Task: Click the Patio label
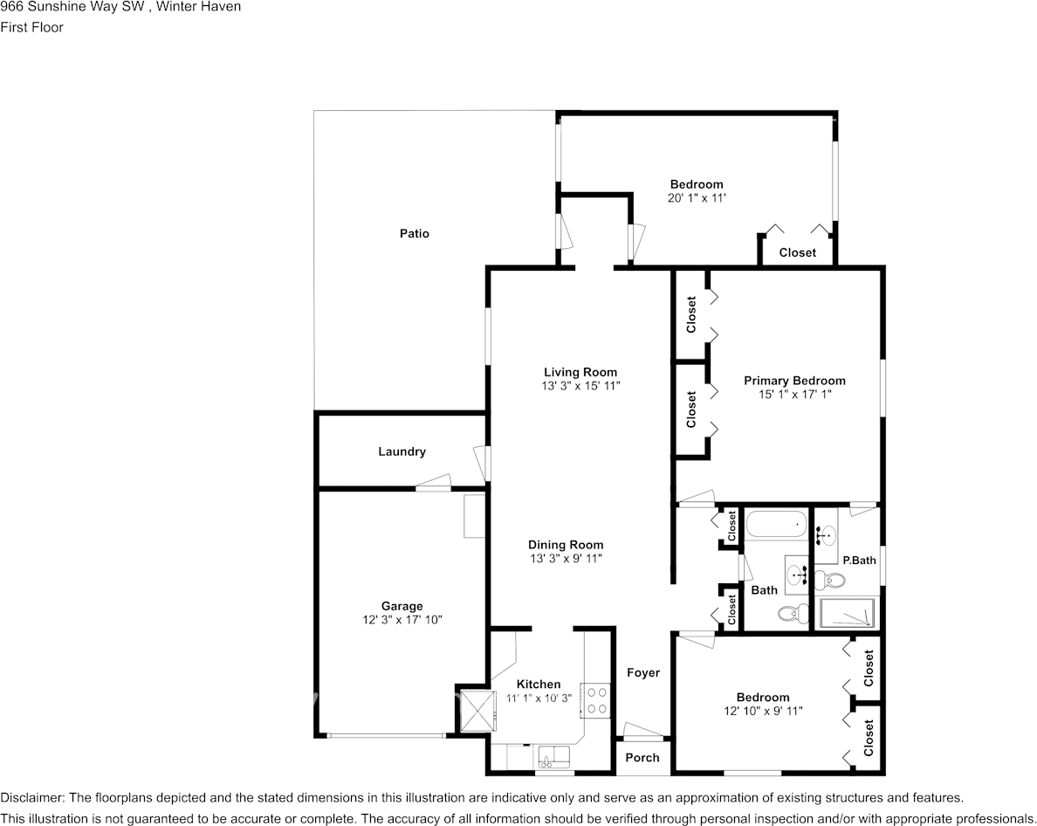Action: (414, 234)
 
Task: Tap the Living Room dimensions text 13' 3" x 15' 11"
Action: (580, 385)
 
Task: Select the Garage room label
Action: (402, 606)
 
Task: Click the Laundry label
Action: (402, 451)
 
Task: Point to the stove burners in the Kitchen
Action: (597, 699)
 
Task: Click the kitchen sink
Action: (553, 754)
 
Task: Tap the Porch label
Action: (642, 757)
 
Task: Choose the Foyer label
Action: (643, 672)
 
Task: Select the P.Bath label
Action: (859, 561)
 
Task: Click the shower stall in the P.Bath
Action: (846, 614)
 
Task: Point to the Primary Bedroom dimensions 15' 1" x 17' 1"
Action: (794, 394)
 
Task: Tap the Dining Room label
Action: (566, 545)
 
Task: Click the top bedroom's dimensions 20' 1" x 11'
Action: (697, 198)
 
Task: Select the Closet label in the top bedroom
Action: (797, 252)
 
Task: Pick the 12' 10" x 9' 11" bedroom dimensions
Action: (763, 711)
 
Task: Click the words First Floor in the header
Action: (31, 27)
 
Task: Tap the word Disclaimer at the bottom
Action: (31, 797)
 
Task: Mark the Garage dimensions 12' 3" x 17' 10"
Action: (402, 620)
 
